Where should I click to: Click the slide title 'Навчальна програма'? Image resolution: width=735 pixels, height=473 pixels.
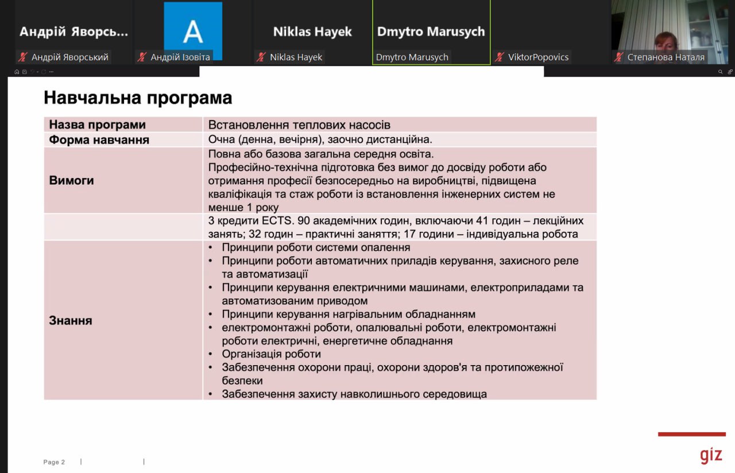pyautogui.click(x=138, y=98)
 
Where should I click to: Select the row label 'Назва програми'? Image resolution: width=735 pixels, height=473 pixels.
pyautogui.click(x=97, y=125)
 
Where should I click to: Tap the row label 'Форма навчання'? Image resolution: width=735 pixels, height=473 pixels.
pyautogui.click(x=99, y=139)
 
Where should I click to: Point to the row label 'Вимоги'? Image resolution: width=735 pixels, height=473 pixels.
pyautogui.click(x=71, y=180)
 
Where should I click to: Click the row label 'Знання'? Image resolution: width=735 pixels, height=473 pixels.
pyautogui.click(x=71, y=320)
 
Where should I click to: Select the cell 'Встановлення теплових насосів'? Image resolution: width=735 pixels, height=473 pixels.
pyautogui.click(x=299, y=125)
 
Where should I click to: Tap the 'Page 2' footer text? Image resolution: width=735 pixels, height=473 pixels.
pyautogui.click(x=54, y=462)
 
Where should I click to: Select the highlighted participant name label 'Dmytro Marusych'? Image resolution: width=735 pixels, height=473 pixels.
pyautogui.click(x=412, y=57)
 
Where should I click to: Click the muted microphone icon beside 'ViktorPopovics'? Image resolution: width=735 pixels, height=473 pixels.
pyautogui.click(x=500, y=57)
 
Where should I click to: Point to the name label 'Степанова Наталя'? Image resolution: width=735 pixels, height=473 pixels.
pyautogui.click(x=666, y=57)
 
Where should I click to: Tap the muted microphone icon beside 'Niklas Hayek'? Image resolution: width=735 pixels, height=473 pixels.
pyautogui.click(x=261, y=57)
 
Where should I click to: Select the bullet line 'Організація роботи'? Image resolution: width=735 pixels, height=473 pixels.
pyautogui.click(x=271, y=354)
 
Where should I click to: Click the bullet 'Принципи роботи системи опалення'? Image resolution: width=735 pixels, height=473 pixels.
pyautogui.click(x=316, y=247)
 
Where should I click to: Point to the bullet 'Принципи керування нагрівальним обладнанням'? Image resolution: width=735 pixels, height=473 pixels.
pyautogui.click(x=349, y=314)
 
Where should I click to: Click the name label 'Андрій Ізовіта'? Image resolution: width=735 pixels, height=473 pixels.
pyautogui.click(x=180, y=57)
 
